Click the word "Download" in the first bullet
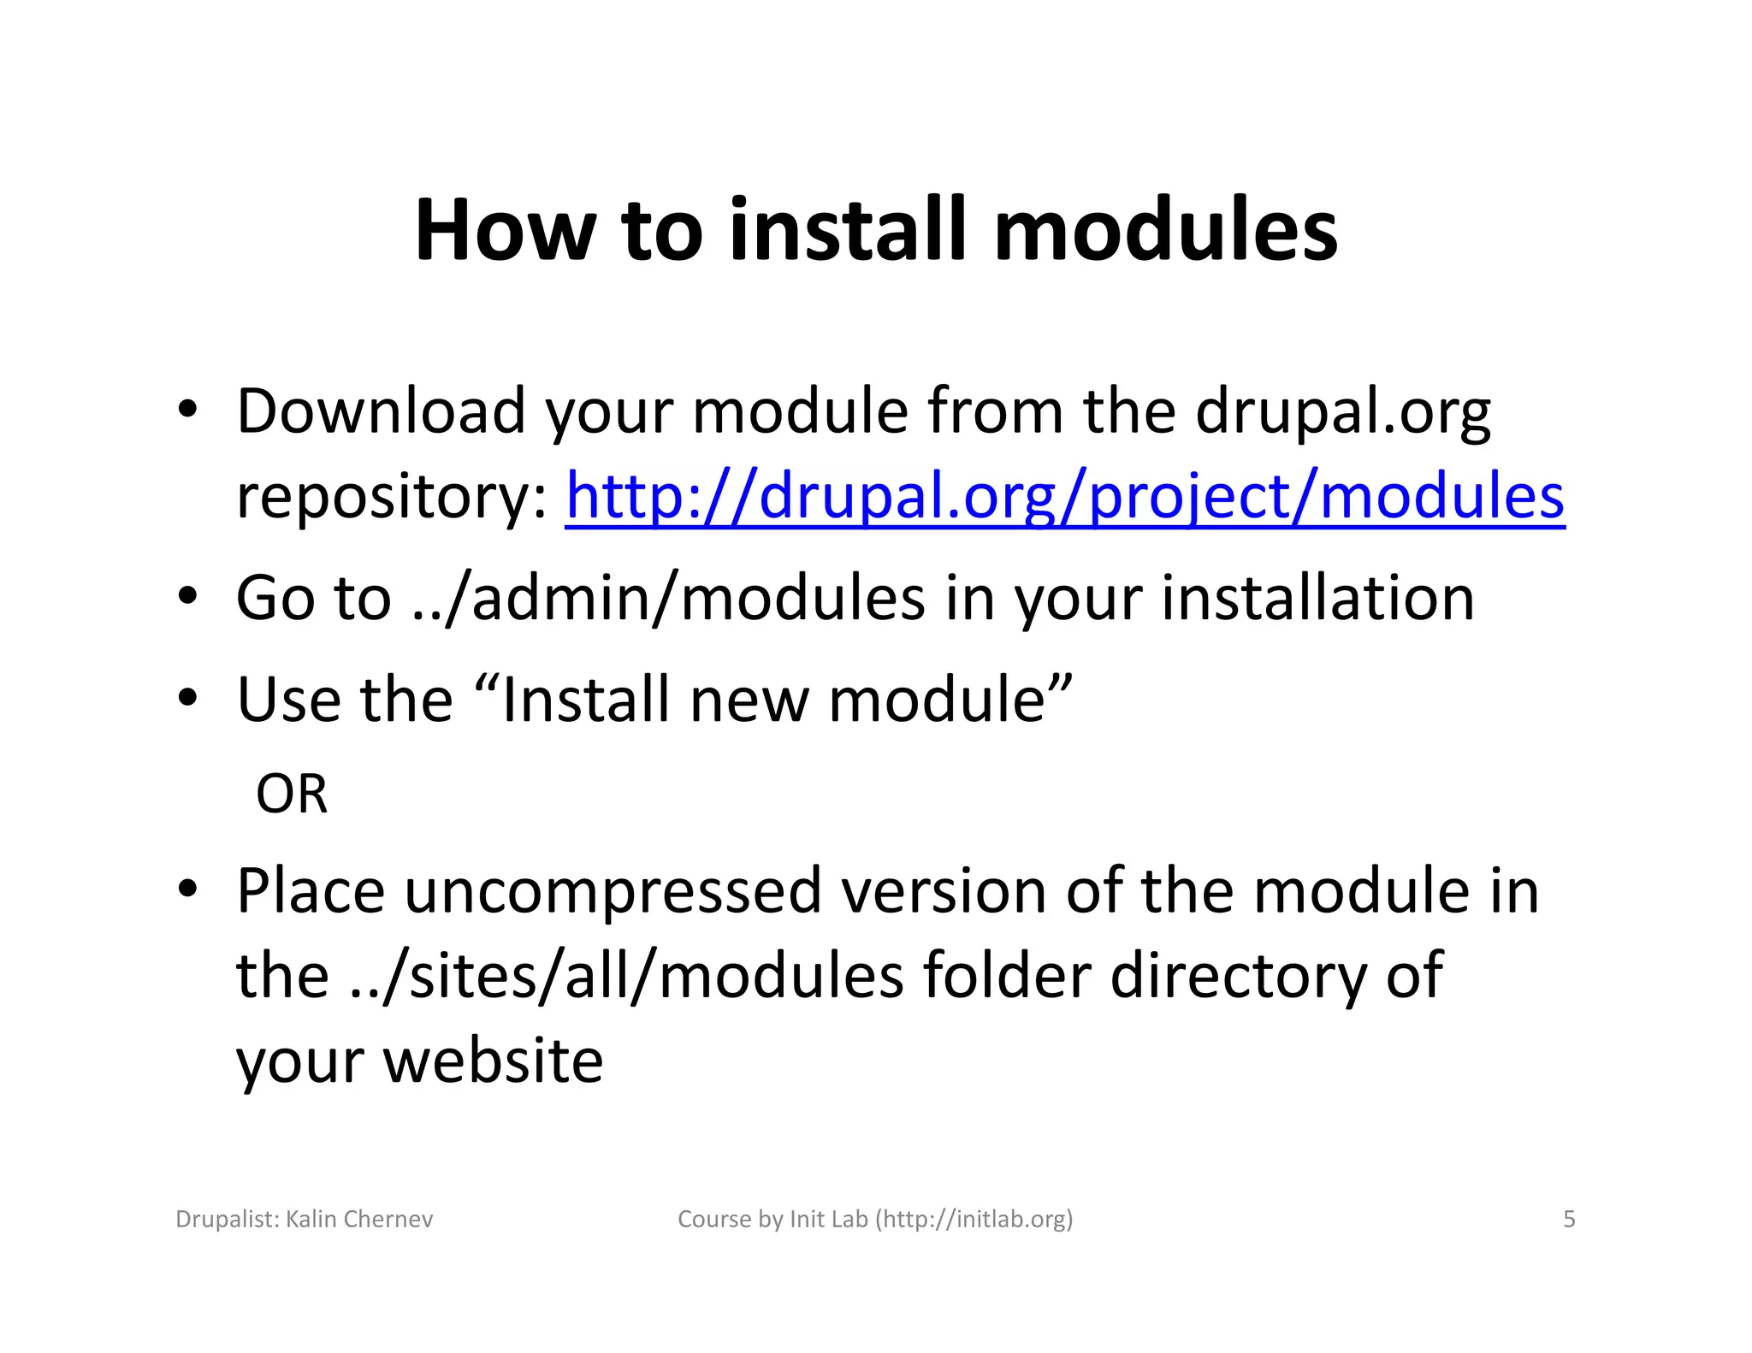pos(381,411)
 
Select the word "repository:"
pos(392,498)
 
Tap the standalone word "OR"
pos(291,794)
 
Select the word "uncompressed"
pos(613,892)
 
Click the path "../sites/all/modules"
pos(627,976)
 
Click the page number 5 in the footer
pos(1569,1219)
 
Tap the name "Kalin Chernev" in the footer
pos(359,1219)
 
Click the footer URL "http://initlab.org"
pos(974,1219)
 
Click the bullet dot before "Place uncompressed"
pos(188,889)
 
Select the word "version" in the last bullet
pos(943,892)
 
